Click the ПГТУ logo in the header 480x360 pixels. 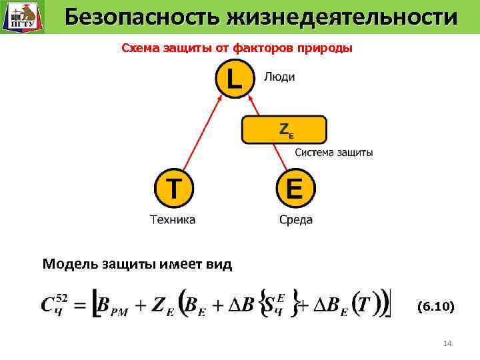click(21, 17)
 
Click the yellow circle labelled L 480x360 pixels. click(234, 79)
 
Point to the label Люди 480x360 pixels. click(279, 77)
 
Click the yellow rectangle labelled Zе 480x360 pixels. click(284, 130)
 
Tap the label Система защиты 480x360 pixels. click(334, 153)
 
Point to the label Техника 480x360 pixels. click(173, 219)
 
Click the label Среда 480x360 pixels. click(296, 219)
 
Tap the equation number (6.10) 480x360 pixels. click(435, 307)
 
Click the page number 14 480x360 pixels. click(447, 343)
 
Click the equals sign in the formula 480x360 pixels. click(79, 307)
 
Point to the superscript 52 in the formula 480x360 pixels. click(61, 297)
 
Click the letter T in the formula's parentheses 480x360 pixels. click(364, 305)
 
